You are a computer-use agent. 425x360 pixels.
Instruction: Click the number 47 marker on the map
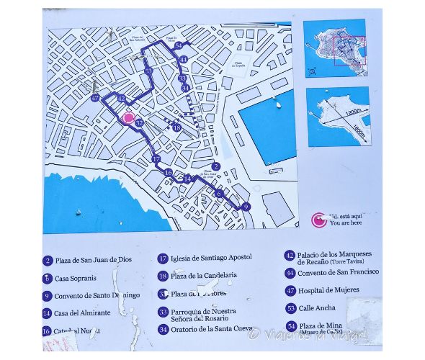[x=96, y=98]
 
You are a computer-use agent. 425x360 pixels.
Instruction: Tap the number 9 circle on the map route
[x=246, y=207]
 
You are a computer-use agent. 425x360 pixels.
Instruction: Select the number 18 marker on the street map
[x=177, y=127]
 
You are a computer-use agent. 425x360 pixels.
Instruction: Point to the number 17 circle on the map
[x=156, y=159]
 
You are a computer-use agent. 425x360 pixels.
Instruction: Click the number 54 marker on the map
[x=179, y=45]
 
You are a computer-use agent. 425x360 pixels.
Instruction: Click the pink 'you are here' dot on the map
[x=129, y=119]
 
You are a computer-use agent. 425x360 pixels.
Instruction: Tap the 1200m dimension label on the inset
[x=352, y=113]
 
